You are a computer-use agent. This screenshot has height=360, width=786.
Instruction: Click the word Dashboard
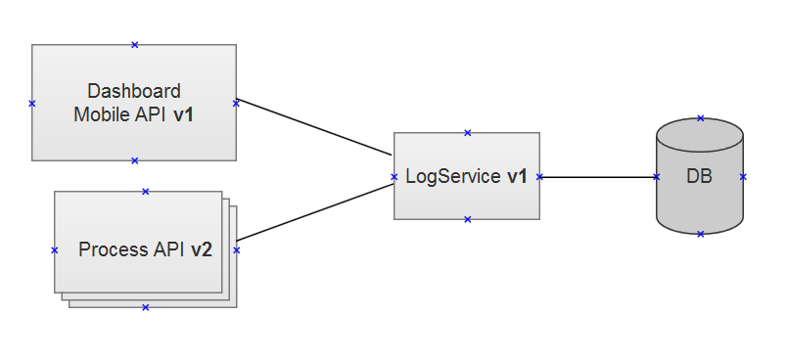(x=134, y=91)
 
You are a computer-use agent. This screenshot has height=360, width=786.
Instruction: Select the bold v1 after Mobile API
(x=183, y=113)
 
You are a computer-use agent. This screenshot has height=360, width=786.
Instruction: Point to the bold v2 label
(x=202, y=249)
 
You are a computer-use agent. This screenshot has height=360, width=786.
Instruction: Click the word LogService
(x=453, y=177)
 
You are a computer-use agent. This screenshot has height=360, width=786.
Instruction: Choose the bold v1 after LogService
(x=517, y=177)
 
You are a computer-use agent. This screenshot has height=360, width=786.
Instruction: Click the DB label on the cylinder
(x=699, y=177)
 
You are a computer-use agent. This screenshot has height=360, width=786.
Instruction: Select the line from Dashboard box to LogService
(x=313, y=127)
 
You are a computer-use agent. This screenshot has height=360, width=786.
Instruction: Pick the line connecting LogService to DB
(x=597, y=177)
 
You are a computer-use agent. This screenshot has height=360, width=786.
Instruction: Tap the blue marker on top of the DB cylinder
(x=701, y=118)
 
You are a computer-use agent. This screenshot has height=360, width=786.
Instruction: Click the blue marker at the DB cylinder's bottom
(x=701, y=234)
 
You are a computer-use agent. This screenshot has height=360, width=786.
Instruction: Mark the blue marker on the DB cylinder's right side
(x=743, y=177)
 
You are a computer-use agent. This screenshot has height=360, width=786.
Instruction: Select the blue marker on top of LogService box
(x=468, y=132)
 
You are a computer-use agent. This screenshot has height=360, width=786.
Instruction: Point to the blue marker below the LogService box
(x=468, y=219)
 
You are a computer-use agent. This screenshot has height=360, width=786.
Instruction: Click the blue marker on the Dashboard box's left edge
(x=32, y=103)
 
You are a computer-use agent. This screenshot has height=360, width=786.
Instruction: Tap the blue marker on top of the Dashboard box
(x=135, y=44)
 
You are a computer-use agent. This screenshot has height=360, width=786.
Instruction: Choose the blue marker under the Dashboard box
(x=135, y=160)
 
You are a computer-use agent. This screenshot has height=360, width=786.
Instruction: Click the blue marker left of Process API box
(x=55, y=250)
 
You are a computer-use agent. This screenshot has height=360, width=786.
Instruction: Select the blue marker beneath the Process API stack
(x=146, y=307)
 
